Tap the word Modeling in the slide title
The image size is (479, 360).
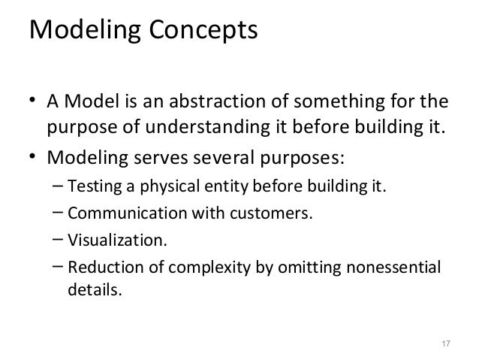coord(85,32)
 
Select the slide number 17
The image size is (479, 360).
coord(444,344)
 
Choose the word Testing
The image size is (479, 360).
coord(90,186)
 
